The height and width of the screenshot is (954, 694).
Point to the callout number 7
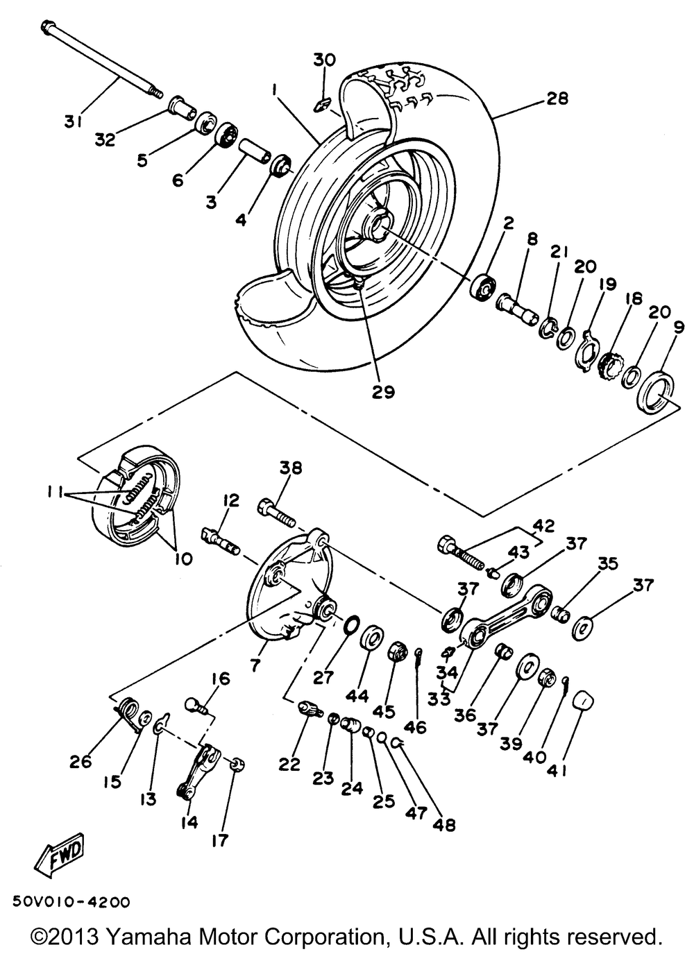[255, 665]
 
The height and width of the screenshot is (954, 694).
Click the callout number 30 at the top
[323, 60]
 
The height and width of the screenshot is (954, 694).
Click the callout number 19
[609, 283]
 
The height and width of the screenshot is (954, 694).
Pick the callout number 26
[81, 760]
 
